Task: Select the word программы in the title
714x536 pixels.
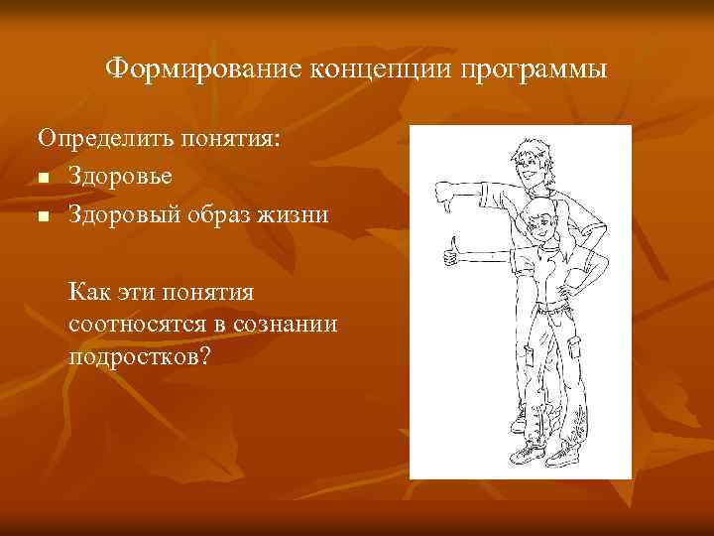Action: pos(536,69)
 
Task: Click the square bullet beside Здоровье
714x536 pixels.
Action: pos(44,179)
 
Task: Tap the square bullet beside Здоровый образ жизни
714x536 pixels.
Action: pos(44,215)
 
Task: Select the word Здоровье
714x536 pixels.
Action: pos(121,176)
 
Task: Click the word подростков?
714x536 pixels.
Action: pos(140,355)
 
